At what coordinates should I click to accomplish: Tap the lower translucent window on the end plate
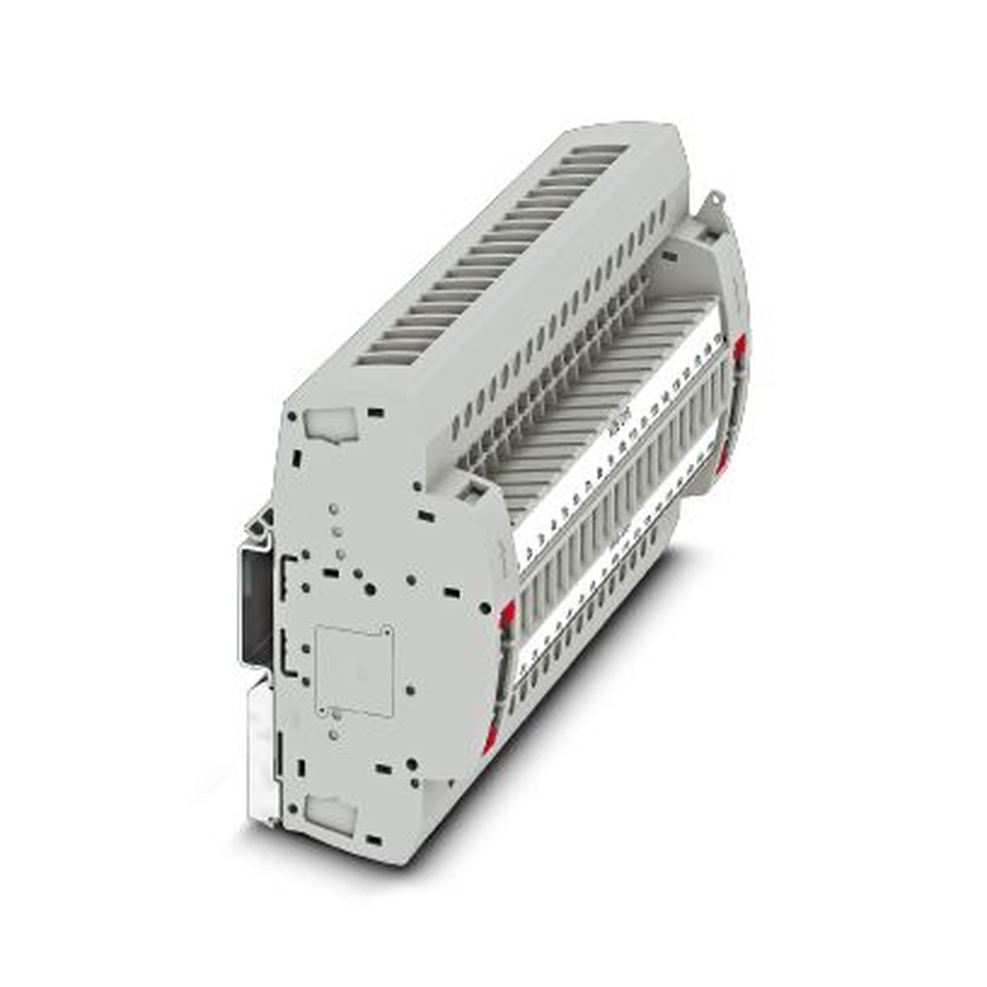[x=329, y=812]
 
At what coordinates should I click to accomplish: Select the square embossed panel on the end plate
[x=354, y=670]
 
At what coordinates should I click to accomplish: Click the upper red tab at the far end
[x=739, y=345]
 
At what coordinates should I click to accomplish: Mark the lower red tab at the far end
[x=723, y=454]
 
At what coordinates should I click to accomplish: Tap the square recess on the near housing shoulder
[x=472, y=487]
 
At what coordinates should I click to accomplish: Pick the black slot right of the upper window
[x=373, y=412]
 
